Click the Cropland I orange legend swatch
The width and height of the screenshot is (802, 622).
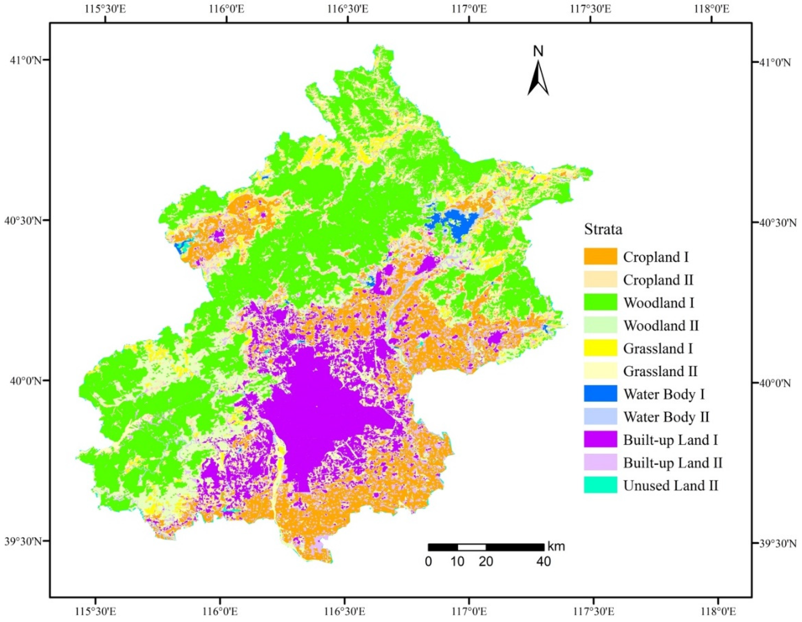pyautogui.click(x=600, y=256)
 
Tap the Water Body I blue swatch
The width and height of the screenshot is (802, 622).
pyautogui.click(x=600, y=394)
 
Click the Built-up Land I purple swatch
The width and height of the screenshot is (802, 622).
pyautogui.click(x=600, y=439)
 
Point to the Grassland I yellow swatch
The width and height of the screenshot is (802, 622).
pyautogui.click(x=600, y=348)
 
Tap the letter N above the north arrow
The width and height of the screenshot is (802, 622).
pyautogui.click(x=538, y=52)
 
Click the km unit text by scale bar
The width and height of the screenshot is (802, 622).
pyautogui.click(x=556, y=546)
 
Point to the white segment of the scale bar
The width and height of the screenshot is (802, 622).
pyautogui.click(x=472, y=547)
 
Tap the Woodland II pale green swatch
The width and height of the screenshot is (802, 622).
pyautogui.click(x=600, y=325)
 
